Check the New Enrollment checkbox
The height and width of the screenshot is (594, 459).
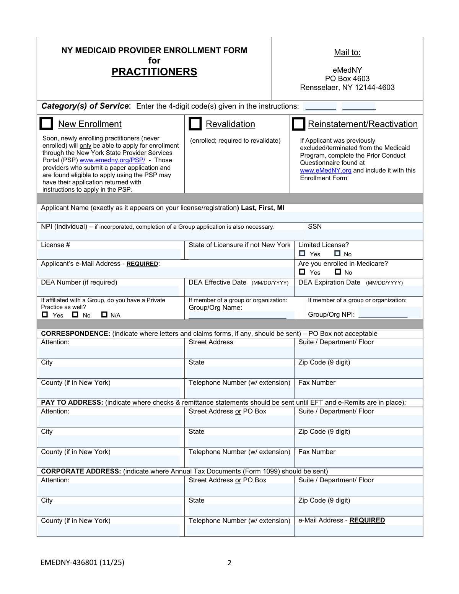[x=46, y=124]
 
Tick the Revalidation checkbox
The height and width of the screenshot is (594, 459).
[x=195, y=124]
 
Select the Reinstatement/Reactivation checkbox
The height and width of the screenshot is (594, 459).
[x=298, y=124]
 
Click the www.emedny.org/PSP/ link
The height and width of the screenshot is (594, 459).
[x=112, y=160]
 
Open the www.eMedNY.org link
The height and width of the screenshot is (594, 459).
[x=326, y=171]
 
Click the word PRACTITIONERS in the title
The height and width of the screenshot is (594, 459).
[x=154, y=72]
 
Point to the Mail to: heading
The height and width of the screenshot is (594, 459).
[x=347, y=52]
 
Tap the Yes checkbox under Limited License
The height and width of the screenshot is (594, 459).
[x=302, y=253]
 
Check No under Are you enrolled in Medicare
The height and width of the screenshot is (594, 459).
[x=338, y=272]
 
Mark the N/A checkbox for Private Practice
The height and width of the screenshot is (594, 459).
[x=104, y=314]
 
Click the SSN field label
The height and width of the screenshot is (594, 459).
[x=315, y=226]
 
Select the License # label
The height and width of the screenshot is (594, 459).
[x=55, y=245]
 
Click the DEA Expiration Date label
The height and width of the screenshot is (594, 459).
[x=329, y=282]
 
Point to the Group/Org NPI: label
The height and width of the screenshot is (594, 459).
[x=331, y=314]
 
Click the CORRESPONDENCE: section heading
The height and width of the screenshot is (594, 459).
[x=75, y=334]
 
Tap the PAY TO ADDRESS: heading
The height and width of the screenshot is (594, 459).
[x=72, y=402]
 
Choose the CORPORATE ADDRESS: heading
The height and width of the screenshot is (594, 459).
[x=81, y=471]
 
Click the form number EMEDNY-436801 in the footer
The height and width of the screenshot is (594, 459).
[x=82, y=562]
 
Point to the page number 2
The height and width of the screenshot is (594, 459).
[x=229, y=563]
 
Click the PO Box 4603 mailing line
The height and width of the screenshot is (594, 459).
[x=347, y=79]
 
